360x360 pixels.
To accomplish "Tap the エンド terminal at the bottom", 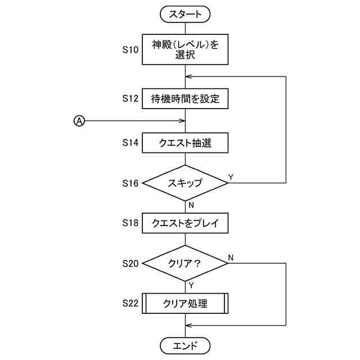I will tap(185, 345).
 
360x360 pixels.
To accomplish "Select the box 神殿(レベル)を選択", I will tap(185, 49).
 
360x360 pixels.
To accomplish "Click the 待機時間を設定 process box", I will tap(185, 99).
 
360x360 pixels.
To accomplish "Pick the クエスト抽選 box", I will tap(185, 143).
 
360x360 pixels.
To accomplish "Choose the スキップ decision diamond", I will tap(185, 183).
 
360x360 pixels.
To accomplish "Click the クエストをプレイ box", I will tap(185, 223).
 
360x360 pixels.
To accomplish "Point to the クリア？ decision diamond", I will tap(185, 263).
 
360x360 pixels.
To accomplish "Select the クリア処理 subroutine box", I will tap(185, 304).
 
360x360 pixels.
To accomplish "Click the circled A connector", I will tap(79, 121).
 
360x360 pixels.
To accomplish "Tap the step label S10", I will tap(130, 49).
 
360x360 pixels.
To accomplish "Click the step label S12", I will tap(130, 98).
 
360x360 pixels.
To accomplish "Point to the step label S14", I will tap(130, 142).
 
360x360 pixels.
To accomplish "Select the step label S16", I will tap(130, 183).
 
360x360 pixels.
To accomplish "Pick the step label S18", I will tap(130, 223).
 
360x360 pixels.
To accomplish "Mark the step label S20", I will tap(130, 263).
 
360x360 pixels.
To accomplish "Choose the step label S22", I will tap(130, 303).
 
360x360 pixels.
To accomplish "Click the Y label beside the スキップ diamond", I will tap(231, 177).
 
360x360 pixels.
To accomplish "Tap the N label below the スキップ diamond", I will tap(191, 205).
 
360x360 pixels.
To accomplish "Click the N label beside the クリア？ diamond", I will tap(231, 258).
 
